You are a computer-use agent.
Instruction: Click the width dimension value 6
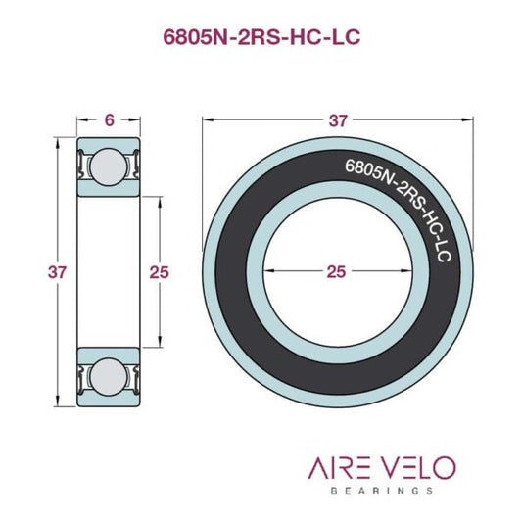click(108, 119)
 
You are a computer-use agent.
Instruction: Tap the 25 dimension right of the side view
click(159, 272)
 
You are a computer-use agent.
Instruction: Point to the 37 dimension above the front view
click(338, 120)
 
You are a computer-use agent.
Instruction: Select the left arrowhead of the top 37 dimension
click(207, 120)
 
